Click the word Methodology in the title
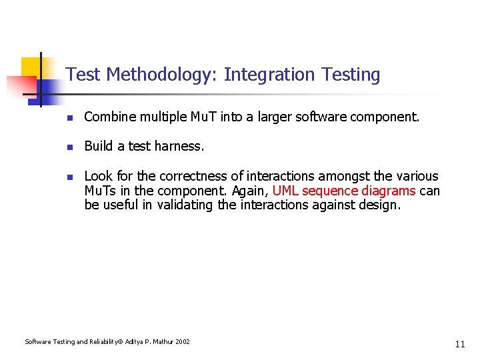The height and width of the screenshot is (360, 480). (159, 75)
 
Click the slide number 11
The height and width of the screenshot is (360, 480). (459, 344)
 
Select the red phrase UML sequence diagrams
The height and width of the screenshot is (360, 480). (344, 191)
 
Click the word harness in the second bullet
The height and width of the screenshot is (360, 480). (180, 146)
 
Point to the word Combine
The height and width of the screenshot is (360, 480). (108, 117)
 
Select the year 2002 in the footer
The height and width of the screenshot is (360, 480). (182, 342)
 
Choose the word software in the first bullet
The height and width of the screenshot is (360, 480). (333, 117)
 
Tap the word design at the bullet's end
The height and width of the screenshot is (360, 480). (381, 205)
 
